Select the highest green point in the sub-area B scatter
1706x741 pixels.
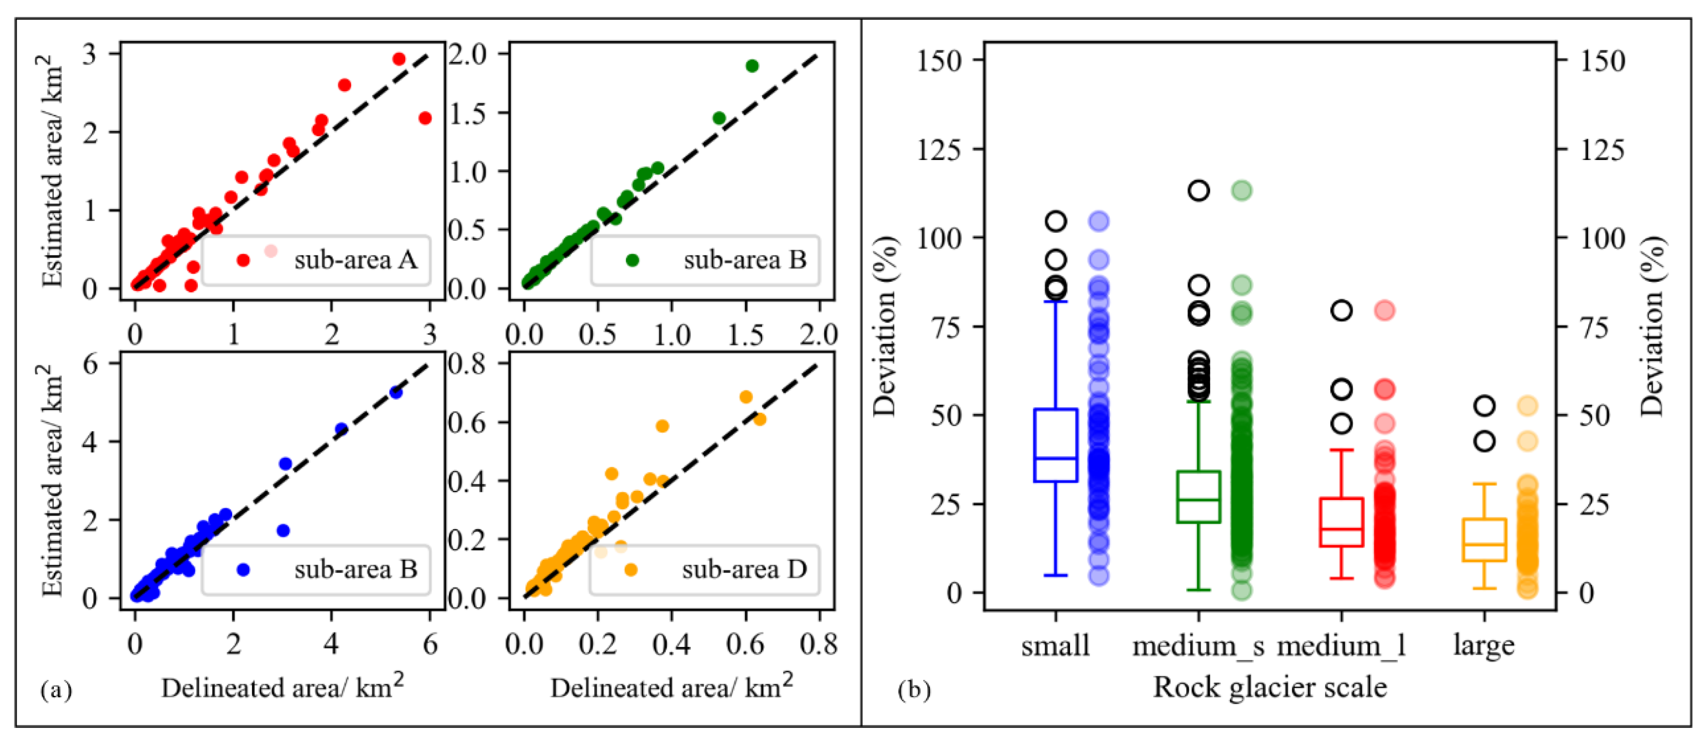pyautogui.click(x=751, y=65)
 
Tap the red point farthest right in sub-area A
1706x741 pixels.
pyautogui.click(x=425, y=118)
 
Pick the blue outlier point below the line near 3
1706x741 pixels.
pyautogui.click(x=283, y=531)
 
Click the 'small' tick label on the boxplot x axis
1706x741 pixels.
pyautogui.click(x=1055, y=645)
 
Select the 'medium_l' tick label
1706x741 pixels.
pyautogui.click(x=1341, y=645)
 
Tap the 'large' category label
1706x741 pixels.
pyautogui.click(x=1483, y=645)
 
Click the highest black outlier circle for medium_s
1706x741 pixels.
pyautogui.click(x=1199, y=191)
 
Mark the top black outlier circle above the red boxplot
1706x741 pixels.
pyautogui.click(x=1342, y=310)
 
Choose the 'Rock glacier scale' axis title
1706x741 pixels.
pyautogui.click(x=1270, y=687)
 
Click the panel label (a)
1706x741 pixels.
pyautogui.click(x=56, y=691)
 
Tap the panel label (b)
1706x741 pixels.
pyautogui.click(x=914, y=691)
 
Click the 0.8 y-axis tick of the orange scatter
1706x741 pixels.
pyautogui.click(x=475, y=364)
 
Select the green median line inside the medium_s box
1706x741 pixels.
pyautogui.click(x=1199, y=499)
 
